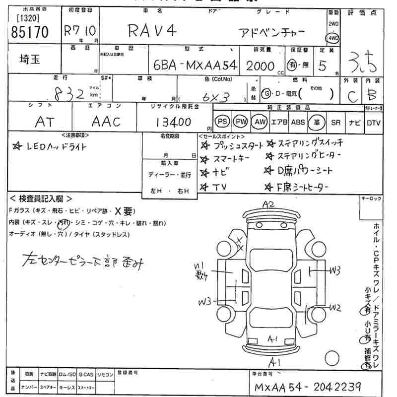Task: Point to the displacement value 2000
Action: point(260,66)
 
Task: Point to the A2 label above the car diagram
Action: point(268,204)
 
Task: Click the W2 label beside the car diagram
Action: point(334,308)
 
